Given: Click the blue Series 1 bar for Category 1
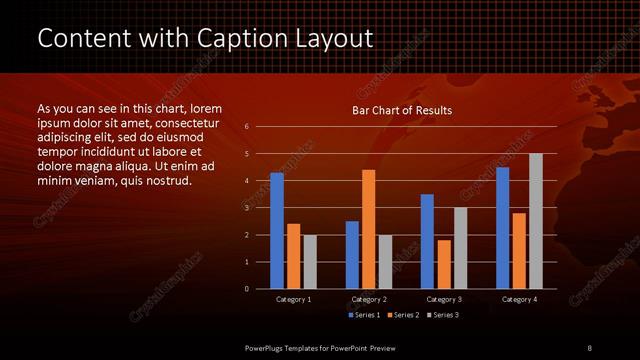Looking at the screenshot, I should pyautogui.click(x=277, y=230).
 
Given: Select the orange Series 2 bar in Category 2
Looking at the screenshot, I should pyautogui.click(x=368, y=229).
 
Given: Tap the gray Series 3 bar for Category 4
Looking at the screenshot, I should pyautogui.click(x=535, y=221).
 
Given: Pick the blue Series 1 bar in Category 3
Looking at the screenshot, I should pyautogui.click(x=427, y=241).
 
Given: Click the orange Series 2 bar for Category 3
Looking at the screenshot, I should pyautogui.click(x=443, y=264).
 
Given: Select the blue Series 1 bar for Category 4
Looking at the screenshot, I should pyautogui.click(x=502, y=227).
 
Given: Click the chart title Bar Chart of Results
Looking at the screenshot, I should pyautogui.click(x=402, y=110).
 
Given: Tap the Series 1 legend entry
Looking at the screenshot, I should pyautogui.click(x=363, y=315).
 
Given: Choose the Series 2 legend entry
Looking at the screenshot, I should pyautogui.click(x=402, y=315).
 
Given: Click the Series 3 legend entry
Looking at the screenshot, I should pyautogui.click(x=441, y=315).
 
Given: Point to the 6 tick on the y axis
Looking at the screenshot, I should pyautogui.click(x=247, y=127).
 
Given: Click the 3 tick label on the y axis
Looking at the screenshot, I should pyautogui.click(x=247, y=208).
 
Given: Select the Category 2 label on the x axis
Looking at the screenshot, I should pyautogui.click(x=368, y=299).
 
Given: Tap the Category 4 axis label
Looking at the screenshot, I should pyautogui.click(x=518, y=299).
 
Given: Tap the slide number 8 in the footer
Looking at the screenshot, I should pyautogui.click(x=590, y=347).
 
